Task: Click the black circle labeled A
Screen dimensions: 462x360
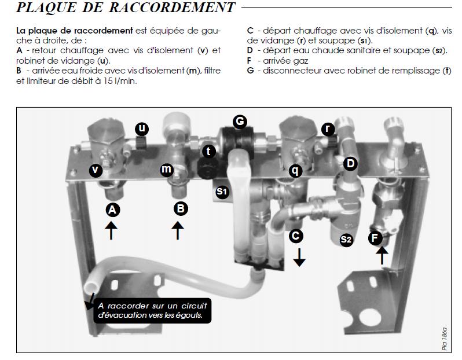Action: [x=112, y=211]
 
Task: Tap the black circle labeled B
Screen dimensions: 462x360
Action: [x=181, y=208]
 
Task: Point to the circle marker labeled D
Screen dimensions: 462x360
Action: [x=349, y=164]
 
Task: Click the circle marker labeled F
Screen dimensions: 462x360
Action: [x=376, y=237]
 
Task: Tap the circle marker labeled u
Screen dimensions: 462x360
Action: [x=142, y=128]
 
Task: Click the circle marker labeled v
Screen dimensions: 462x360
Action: [x=96, y=170]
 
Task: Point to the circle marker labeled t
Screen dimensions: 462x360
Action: [x=210, y=152]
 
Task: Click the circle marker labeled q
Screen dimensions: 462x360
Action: [x=295, y=170]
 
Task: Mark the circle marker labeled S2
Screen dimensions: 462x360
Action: [x=346, y=238]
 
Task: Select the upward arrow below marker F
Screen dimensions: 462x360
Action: [x=382, y=255]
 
